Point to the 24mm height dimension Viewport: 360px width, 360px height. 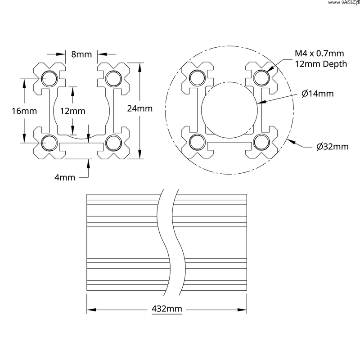pos(140,108)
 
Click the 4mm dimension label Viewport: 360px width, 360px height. pos(64,177)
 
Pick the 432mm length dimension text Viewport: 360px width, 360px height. pos(166,309)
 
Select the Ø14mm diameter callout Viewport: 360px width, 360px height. pos(318,94)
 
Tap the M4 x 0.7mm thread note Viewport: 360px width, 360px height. pos(316,54)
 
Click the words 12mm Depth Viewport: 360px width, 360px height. pos(320,64)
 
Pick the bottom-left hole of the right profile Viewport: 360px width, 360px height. pos(196,141)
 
